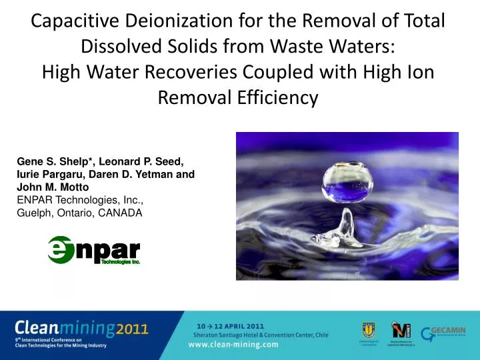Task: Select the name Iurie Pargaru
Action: (x=49, y=174)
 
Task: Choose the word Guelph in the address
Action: (x=34, y=213)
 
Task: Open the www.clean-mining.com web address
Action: (x=233, y=344)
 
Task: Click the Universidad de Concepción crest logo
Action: (x=367, y=329)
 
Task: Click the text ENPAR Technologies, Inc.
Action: (x=80, y=200)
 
